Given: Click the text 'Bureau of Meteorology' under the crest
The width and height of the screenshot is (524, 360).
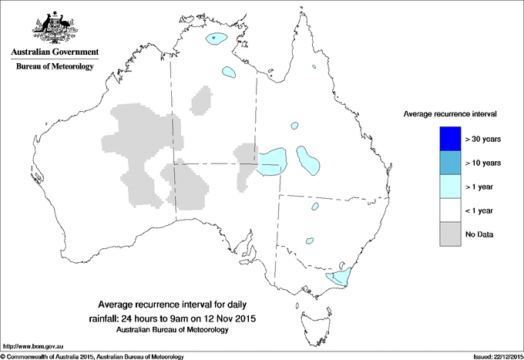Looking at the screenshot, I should tap(55, 67).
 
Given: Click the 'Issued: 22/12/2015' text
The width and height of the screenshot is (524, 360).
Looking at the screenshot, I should tap(495, 356).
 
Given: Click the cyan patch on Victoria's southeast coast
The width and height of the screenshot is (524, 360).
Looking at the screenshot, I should tap(338, 276).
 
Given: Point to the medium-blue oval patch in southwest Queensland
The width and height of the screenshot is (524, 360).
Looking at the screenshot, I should tap(308, 162).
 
